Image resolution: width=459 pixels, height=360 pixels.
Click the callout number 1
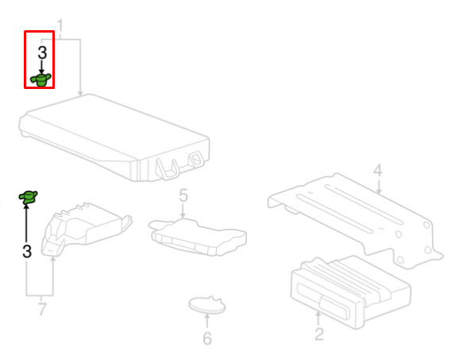[x=60, y=26]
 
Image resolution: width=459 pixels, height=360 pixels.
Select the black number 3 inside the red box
[x=42, y=52]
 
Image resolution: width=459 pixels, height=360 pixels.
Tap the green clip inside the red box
[x=41, y=79]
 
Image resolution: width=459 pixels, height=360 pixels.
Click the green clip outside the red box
[x=28, y=197]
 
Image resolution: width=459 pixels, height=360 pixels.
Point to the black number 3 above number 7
[x=27, y=251]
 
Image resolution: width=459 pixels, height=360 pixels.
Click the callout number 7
[x=42, y=309]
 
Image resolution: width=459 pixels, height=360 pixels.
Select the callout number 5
[x=183, y=195]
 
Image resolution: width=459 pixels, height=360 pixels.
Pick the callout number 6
[x=207, y=339]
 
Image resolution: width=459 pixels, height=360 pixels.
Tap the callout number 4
[x=378, y=171]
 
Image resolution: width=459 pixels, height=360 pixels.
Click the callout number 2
[x=318, y=335]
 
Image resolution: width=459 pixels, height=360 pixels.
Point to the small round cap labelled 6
[x=207, y=305]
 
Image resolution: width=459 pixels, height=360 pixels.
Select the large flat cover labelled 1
[x=114, y=137]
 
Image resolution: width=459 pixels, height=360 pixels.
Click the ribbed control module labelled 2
[x=350, y=292]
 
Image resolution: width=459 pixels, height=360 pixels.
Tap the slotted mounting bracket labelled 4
[x=356, y=220]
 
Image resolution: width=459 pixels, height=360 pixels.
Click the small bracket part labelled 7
[x=87, y=229]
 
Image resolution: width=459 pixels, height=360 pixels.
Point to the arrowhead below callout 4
[x=379, y=192]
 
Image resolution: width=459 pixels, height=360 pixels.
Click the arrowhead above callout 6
[x=207, y=316]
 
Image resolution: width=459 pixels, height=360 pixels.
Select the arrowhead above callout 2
[x=318, y=315]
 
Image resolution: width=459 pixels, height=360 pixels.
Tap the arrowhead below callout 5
[x=183, y=216]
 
